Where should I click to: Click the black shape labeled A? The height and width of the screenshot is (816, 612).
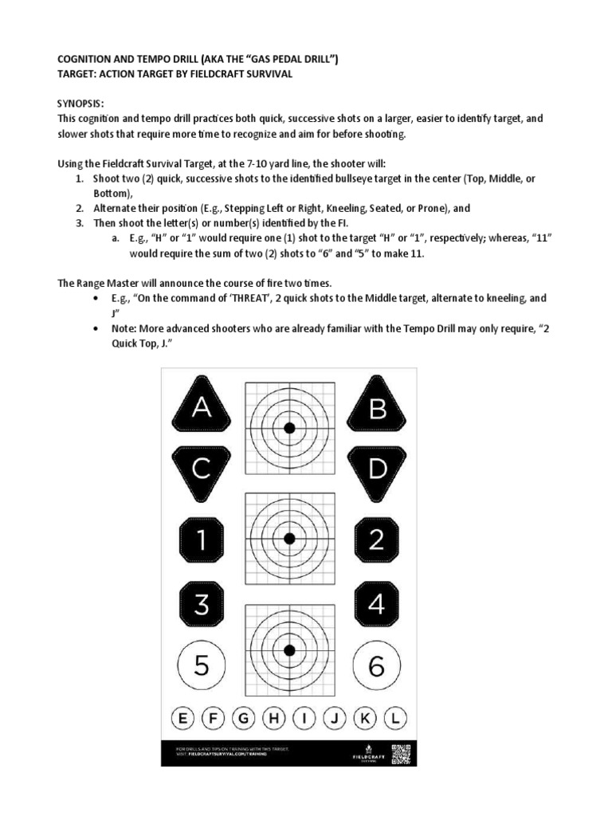click(x=202, y=408)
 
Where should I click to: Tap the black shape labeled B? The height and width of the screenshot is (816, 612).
click(x=377, y=408)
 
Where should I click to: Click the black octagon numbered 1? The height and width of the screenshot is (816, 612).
click(x=202, y=540)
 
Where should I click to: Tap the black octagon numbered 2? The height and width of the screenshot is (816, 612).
click(x=377, y=540)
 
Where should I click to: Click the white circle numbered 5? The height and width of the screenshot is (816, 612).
click(x=202, y=665)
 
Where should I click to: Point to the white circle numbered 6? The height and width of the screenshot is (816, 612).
click(x=377, y=665)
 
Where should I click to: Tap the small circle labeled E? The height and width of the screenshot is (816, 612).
click(x=182, y=719)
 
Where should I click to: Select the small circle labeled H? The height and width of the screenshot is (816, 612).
click(x=273, y=719)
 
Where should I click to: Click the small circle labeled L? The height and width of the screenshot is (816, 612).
click(x=394, y=719)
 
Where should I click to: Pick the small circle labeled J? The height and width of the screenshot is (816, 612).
click(x=334, y=719)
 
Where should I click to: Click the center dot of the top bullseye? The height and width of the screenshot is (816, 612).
click(x=289, y=428)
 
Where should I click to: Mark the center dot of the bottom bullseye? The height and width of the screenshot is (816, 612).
click(x=289, y=648)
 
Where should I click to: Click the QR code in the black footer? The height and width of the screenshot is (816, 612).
click(x=400, y=753)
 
